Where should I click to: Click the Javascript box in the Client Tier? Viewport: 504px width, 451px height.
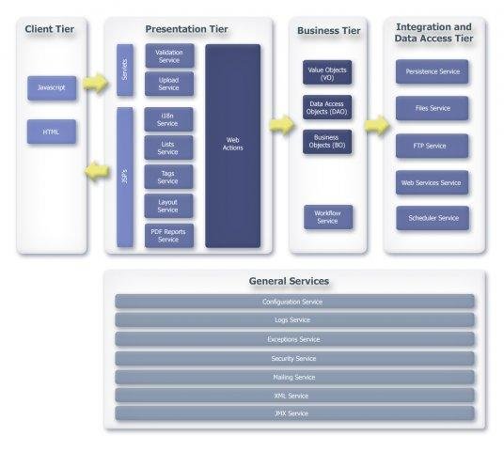(x=52, y=87)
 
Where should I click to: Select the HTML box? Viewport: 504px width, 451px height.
(x=52, y=132)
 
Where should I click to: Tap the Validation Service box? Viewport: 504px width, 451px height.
(x=169, y=55)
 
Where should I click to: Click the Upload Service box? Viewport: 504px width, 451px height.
(x=169, y=84)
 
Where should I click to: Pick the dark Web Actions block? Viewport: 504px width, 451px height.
(x=232, y=145)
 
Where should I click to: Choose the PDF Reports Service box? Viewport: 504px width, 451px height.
(x=169, y=235)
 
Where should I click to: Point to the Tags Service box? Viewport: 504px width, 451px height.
(x=169, y=177)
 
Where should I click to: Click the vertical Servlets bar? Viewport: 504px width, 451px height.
(x=125, y=70)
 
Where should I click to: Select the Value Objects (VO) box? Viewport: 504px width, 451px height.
(x=327, y=72)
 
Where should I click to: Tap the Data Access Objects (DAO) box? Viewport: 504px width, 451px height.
(x=327, y=107)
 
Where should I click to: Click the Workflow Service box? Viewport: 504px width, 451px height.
(x=327, y=217)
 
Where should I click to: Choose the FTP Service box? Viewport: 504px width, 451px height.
(x=432, y=146)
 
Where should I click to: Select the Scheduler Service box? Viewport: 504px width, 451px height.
(x=432, y=218)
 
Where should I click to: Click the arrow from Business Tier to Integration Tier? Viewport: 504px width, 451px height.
(x=377, y=125)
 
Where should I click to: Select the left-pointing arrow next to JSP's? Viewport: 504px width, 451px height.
(x=96, y=170)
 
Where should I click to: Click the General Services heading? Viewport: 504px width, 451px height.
(x=289, y=281)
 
